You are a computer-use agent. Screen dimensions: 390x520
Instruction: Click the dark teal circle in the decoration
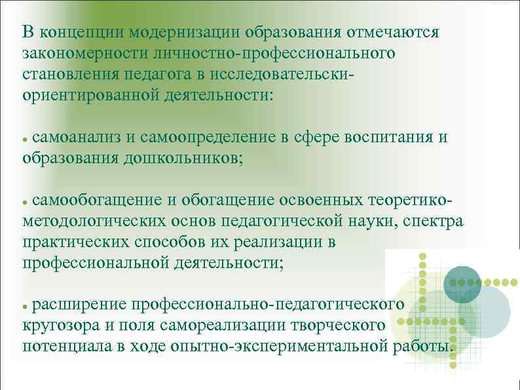tap(462, 284)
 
